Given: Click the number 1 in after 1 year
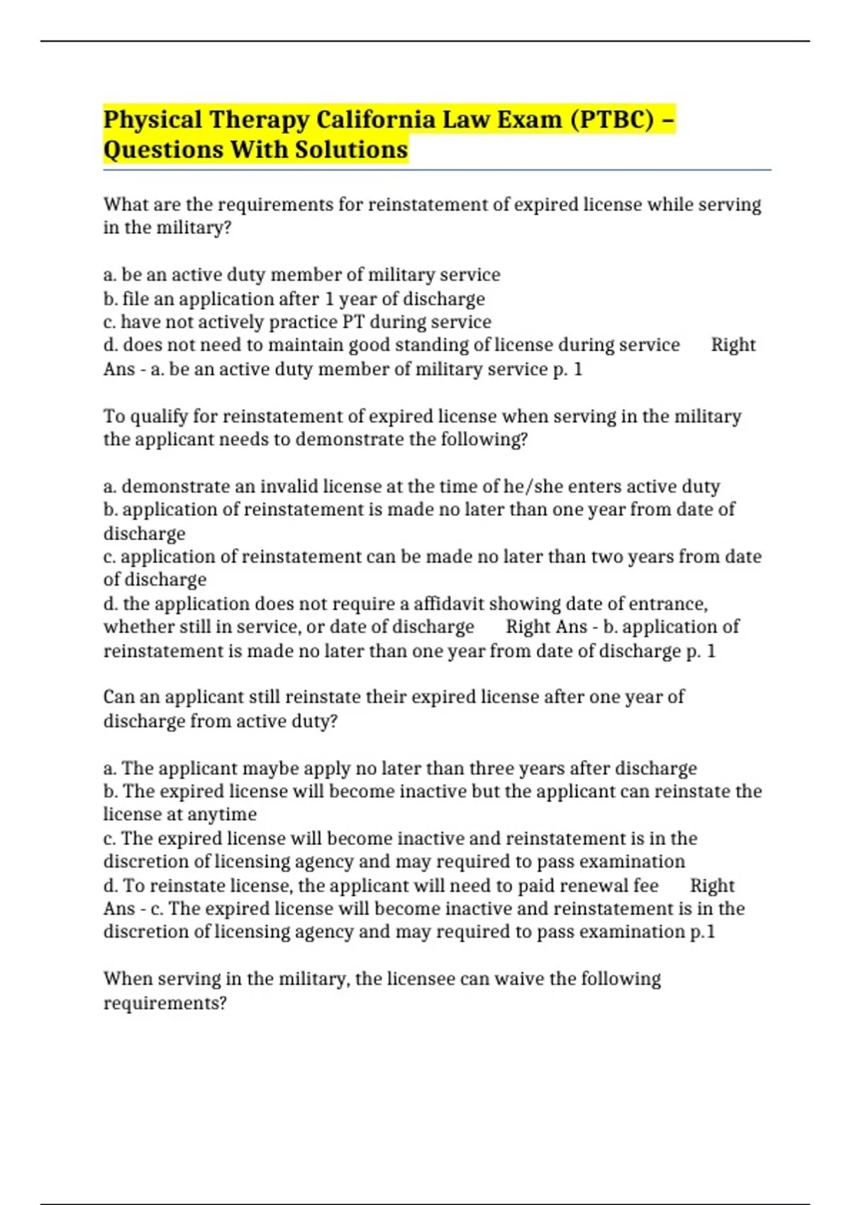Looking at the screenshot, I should [328, 299].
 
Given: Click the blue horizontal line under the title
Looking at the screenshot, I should [436, 170].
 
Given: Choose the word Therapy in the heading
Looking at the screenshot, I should [259, 120].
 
